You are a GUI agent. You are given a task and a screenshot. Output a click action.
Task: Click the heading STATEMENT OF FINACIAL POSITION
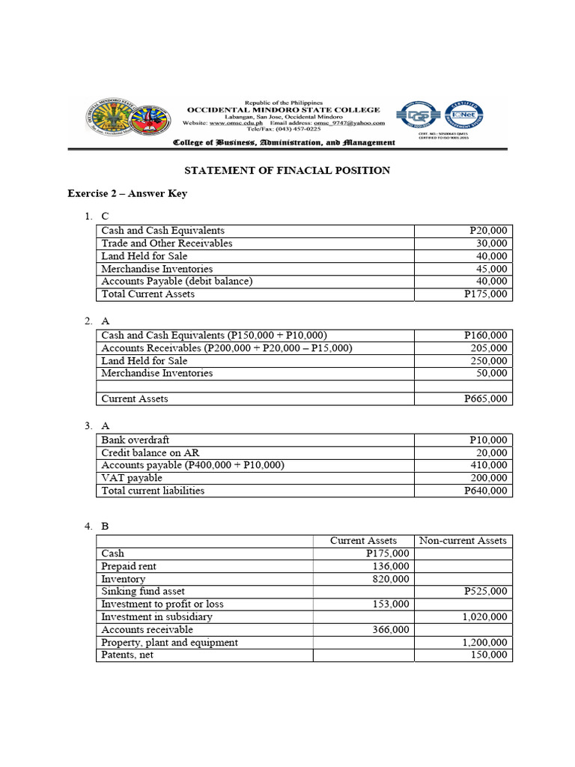tap(287, 170)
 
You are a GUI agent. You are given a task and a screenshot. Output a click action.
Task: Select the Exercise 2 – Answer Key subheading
tap(127, 193)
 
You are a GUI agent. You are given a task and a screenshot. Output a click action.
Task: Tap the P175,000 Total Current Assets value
tap(485, 294)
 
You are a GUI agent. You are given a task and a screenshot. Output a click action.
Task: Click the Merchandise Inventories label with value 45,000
tap(157, 269)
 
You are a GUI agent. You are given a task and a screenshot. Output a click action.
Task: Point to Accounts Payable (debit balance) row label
tap(177, 282)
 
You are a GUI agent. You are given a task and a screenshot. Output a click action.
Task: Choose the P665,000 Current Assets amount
tap(485, 399)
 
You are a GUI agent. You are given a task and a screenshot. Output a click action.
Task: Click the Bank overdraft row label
tap(136, 440)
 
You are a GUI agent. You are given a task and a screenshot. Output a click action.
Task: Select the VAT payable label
tap(132, 478)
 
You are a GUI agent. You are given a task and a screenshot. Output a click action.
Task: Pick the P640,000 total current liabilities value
tap(485, 491)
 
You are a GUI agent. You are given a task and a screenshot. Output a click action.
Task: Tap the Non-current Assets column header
tap(463, 540)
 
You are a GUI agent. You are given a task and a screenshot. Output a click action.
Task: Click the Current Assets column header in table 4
tap(364, 540)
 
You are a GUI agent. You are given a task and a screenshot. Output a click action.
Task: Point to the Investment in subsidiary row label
tap(157, 617)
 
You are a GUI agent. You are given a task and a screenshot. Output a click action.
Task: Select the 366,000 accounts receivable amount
tap(390, 630)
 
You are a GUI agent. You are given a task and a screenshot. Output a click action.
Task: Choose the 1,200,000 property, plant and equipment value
tap(479, 643)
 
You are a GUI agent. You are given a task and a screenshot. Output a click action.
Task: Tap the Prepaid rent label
tap(129, 566)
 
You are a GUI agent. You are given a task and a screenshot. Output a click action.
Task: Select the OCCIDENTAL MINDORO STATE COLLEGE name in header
tap(283, 109)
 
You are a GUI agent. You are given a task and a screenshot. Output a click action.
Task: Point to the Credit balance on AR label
tap(150, 453)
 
